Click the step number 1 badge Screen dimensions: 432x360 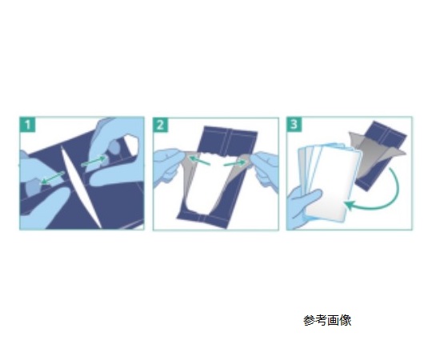click(x=27, y=125)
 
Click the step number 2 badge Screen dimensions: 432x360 click(x=160, y=125)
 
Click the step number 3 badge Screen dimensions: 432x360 click(x=294, y=124)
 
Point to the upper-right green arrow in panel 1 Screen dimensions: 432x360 click(x=94, y=162)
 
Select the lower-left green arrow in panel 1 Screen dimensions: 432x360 click(x=53, y=178)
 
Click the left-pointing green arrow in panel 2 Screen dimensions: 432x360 click(x=199, y=161)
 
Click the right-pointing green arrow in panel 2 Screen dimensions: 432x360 click(x=234, y=164)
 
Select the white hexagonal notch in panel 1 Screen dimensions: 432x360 click(x=132, y=145)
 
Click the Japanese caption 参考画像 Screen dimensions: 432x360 click(x=327, y=321)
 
